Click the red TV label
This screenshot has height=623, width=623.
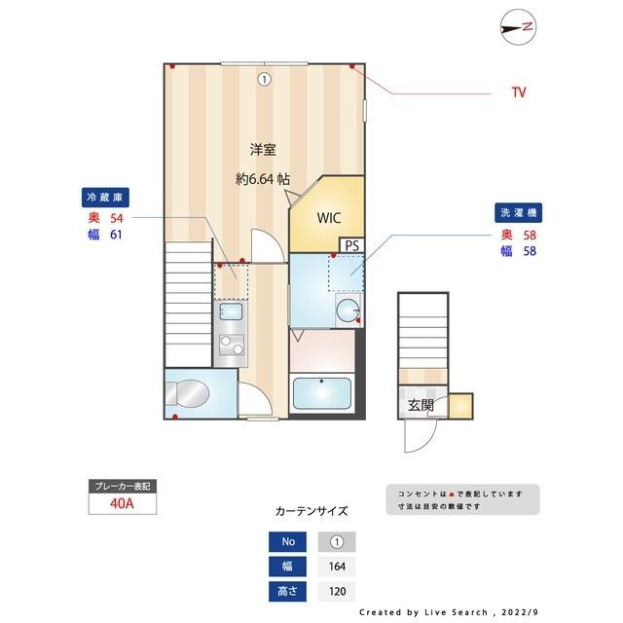pyautogui.click(x=519, y=92)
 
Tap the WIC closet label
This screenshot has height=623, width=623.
pyautogui.click(x=327, y=218)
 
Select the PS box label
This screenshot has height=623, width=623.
pyautogui.click(x=351, y=245)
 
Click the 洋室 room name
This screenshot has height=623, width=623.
pyautogui.click(x=262, y=150)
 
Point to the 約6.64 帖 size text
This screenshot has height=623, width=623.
pyautogui.click(x=262, y=179)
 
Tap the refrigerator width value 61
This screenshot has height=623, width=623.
pyautogui.click(x=117, y=235)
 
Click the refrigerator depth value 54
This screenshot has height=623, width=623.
pyautogui.click(x=117, y=218)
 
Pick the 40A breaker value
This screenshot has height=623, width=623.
pyautogui.click(x=122, y=504)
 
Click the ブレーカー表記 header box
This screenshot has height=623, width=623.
pyautogui.click(x=122, y=486)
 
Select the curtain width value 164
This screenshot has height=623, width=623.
pyautogui.click(x=337, y=567)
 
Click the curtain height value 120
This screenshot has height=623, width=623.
pyautogui.click(x=337, y=591)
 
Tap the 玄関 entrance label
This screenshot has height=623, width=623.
pyautogui.click(x=421, y=405)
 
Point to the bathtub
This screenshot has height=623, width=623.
pyautogui.click(x=322, y=393)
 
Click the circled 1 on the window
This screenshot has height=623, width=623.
pyautogui.click(x=264, y=80)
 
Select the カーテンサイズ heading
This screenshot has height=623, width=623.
pyautogui.click(x=311, y=510)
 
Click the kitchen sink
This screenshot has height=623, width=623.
pyautogui.click(x=231, y=312)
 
